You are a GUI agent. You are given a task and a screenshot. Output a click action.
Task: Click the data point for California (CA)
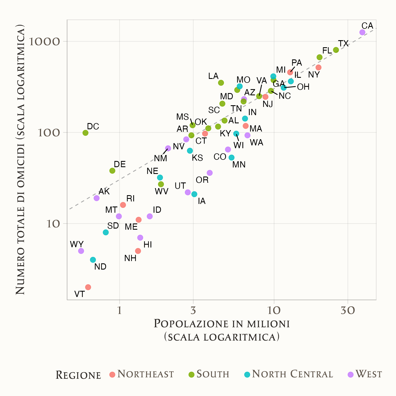point(362,32)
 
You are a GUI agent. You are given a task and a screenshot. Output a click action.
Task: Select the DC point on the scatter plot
point(85,133)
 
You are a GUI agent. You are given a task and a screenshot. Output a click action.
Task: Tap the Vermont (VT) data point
point(88,287)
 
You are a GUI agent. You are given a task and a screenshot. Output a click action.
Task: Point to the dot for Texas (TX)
point(336,50)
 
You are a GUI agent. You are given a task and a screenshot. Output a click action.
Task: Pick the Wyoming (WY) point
point(81,251)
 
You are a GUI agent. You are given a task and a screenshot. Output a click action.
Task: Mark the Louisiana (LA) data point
point(221,83)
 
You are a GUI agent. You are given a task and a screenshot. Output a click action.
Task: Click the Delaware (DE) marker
point(112,171)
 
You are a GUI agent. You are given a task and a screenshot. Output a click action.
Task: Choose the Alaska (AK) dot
point(97,198)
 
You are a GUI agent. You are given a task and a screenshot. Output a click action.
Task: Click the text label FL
point(327,51)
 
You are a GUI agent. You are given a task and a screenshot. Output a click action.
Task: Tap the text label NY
point(314,75)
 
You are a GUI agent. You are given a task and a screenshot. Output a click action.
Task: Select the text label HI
point(148,245)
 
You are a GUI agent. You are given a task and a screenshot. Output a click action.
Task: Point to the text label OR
point(202,180)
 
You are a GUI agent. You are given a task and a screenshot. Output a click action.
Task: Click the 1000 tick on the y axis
point(45,42)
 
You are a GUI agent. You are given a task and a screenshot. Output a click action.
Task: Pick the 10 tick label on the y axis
point(53,224)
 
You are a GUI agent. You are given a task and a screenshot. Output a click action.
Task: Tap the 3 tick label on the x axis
point(193,311)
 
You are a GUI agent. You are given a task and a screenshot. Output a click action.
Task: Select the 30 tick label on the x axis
point(348,311)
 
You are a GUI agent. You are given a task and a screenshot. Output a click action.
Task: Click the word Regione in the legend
point(78,375)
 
